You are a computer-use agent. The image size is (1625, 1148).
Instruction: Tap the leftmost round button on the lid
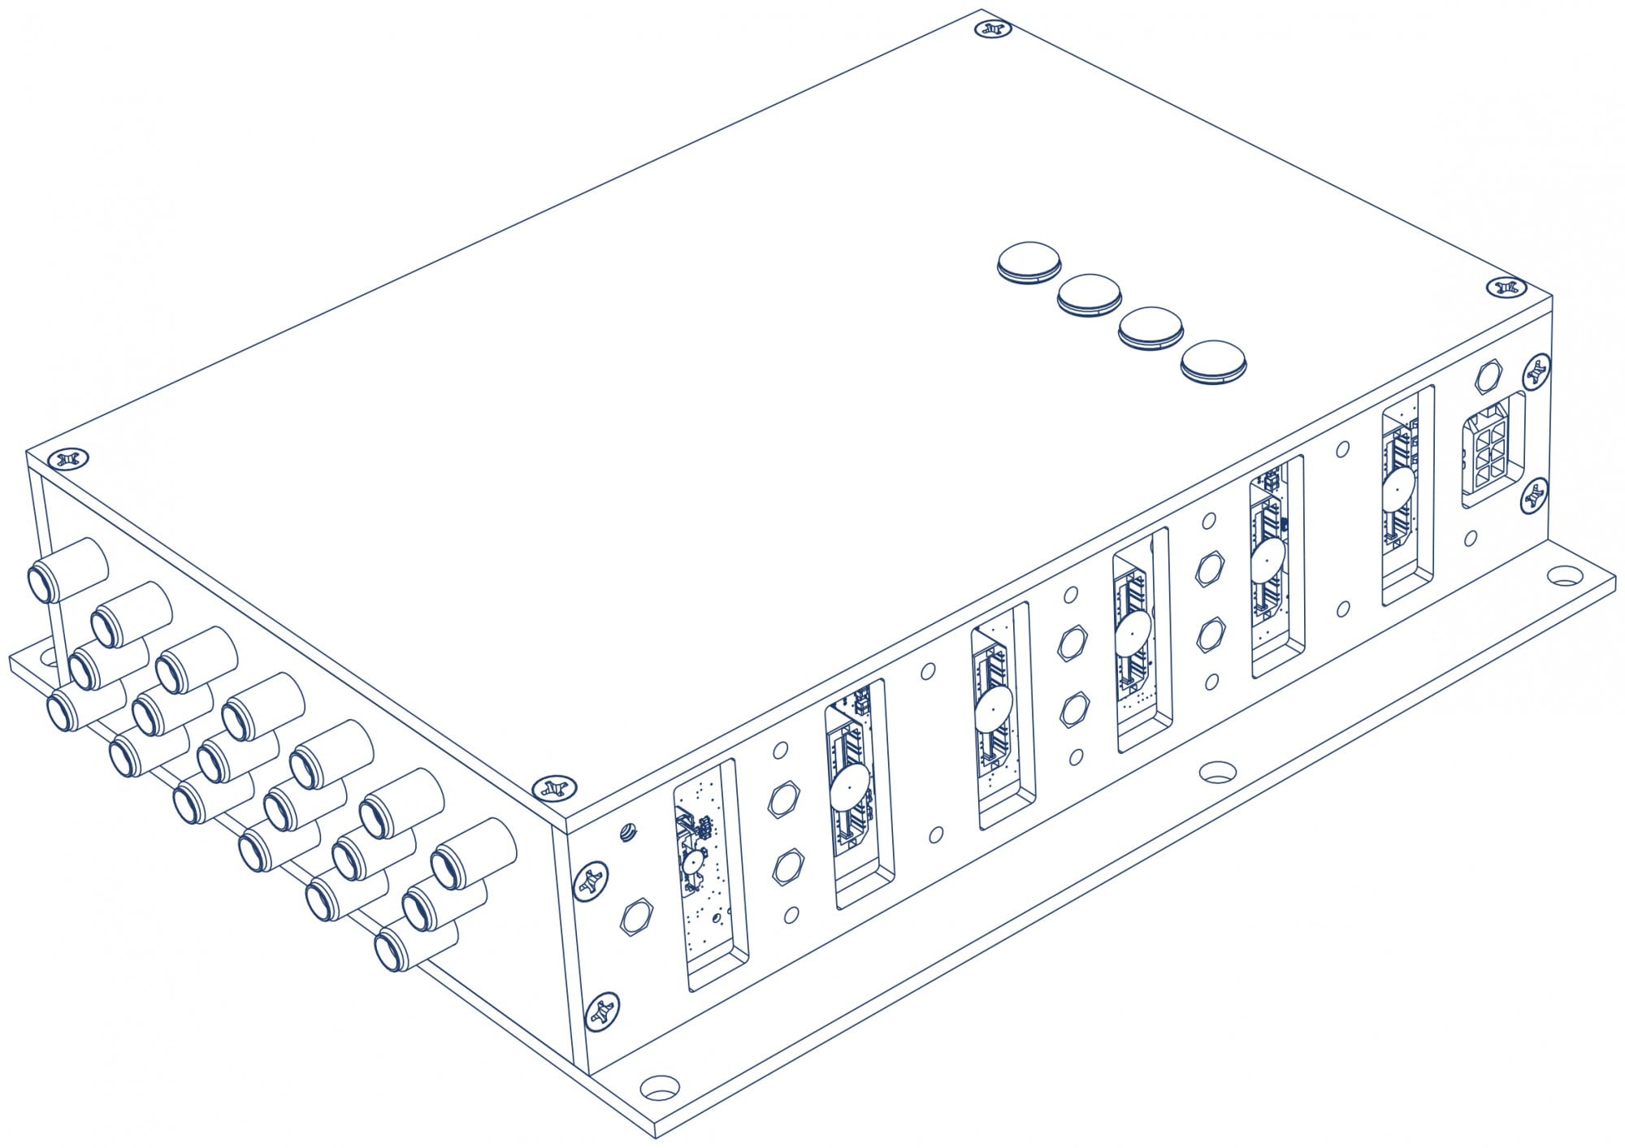1029,261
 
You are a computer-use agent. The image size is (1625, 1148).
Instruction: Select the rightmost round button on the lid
1213,362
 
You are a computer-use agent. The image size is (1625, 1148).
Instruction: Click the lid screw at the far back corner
992,29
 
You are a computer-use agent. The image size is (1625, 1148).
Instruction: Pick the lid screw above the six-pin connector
1507,288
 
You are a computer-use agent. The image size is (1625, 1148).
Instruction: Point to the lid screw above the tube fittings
67,460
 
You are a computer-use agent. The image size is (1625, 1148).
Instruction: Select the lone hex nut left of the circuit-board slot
635,918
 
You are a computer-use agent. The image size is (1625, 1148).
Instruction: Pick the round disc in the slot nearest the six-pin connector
1398,487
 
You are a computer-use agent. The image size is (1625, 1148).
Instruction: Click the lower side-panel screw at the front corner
601,1010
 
